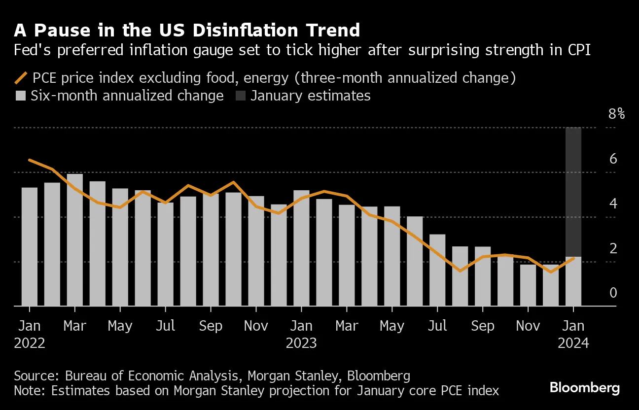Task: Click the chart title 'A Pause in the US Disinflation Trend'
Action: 187,31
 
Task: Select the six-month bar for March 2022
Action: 74,239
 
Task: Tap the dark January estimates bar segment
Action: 573,192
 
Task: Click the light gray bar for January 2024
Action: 573,281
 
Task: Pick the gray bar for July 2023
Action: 437,270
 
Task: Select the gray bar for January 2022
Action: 30,246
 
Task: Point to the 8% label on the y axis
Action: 616,114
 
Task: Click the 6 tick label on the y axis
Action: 613,159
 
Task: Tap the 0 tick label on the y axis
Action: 613,293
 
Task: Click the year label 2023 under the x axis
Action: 301,343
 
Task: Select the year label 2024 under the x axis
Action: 573,343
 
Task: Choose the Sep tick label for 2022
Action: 211,326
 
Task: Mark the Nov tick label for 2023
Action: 528,326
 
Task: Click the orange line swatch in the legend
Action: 21,78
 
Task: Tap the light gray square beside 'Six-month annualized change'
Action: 21,95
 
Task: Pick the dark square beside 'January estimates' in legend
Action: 240,95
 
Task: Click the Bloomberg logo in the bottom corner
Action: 584,388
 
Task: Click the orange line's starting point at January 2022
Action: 30,160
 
